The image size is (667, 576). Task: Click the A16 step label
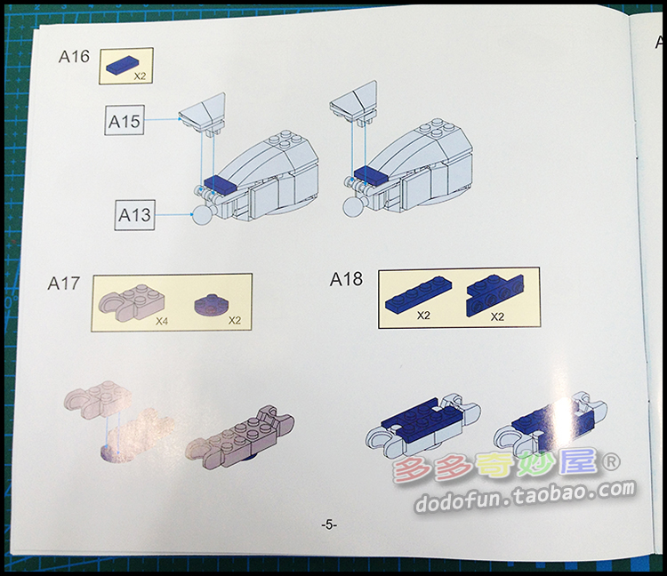pyautogui.click(x=74, y=57)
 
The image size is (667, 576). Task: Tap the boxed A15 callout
pyautogui.click(x=125, y=121)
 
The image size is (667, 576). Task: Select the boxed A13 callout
pyautogui.click(x=134, y=215)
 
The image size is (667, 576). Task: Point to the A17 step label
pyautogui.click(x=64, y=284)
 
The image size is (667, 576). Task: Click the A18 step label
pyautogui.click(x=346, y=279)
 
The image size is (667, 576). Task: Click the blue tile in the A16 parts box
pyautogui.click(x=122, y=66)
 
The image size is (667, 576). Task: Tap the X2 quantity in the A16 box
pyautogui.click(x=140, y=76)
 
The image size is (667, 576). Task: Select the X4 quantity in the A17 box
pyautogui.click(x=162, y=321)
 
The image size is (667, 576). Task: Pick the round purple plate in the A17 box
pyautogui.click(x=208, y=303)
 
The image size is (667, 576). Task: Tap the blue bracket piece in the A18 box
pyautogui.click(x=495, y=295)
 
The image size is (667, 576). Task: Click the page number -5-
pyautogui.click(x=329, y=524)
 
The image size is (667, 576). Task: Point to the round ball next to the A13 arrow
pyautogui.click(x=203, y=214)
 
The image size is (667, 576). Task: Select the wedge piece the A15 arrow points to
pyautogui.click(x=203, y=112)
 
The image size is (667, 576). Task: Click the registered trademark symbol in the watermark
pyautogui.click(x=611, y=462)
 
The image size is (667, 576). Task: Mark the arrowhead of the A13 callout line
pyautogui.click(x=191, y=214)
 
